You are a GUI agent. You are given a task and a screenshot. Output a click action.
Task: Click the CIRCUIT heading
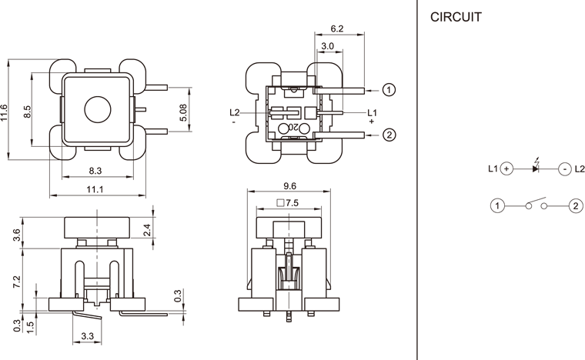[x=456, y=16]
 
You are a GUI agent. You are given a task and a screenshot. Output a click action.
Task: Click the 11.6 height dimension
[x=5, y=112]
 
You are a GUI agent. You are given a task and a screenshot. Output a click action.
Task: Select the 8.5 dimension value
[x=27, y=112]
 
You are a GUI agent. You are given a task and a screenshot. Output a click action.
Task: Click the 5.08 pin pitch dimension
[x=183, y=114]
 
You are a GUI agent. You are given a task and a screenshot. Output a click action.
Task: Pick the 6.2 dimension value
[x=336, y=28]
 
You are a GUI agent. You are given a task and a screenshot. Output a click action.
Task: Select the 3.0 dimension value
[x=327, y=46]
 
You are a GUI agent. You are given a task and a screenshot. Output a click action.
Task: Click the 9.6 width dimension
[x=289, y=186]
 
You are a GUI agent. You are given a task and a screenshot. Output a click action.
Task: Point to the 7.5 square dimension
[x=288, y=204]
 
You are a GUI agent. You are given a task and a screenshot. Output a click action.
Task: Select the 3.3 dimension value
[x=87, y=337]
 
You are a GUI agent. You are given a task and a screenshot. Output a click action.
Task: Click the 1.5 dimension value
[x=29, y=325]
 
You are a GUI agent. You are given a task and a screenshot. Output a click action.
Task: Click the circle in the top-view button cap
[x=97, y=110]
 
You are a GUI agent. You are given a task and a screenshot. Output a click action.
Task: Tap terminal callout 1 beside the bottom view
[x=389, y=90]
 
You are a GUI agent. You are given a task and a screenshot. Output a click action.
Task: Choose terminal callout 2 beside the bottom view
[x=389, y=135]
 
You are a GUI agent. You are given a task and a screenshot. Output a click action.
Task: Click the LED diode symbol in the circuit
[x=536, y=168]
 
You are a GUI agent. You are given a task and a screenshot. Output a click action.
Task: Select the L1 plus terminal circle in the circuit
[x=506, y=168]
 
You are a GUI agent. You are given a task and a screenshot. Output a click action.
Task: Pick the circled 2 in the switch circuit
[x=575, y=206]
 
